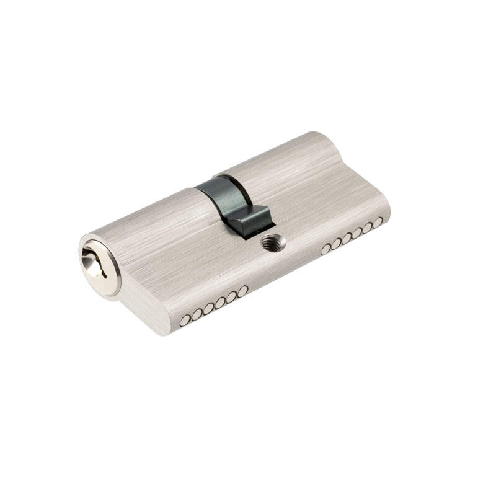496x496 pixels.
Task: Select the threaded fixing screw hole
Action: pos(272,242)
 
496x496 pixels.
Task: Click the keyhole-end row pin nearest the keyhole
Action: pos(185,320)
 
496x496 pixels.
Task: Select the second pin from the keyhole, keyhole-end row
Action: pos(197,314)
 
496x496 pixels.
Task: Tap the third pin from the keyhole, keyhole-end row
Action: pos(209,308)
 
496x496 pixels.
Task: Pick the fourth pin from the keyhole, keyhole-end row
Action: pos(220,303)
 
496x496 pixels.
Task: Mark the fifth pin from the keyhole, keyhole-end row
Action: pos(232,297)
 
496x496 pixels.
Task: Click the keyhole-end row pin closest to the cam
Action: pos(243,291)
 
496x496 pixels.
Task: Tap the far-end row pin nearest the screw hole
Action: pos(326,249)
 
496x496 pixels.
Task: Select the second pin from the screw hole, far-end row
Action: pos(337,243)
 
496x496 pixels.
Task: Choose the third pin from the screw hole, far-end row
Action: pos(347,238)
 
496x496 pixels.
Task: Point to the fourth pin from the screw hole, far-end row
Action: pos(357,232)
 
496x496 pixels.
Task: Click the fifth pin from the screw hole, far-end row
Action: pos(368,228)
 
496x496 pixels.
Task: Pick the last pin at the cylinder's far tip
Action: pos(378,222)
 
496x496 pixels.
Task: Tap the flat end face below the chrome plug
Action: pos(139,310)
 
